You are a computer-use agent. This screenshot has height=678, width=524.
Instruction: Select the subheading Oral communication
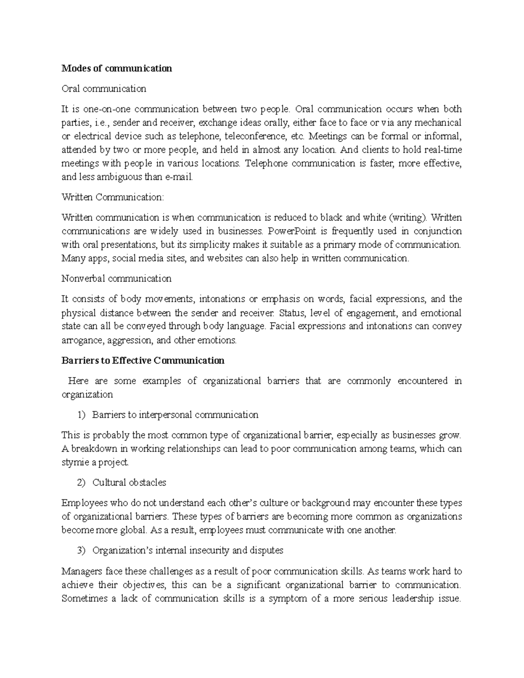(104, 89)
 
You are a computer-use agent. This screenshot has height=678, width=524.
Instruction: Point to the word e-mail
(176, 177)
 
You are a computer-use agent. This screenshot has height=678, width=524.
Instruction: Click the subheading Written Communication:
(113, 197)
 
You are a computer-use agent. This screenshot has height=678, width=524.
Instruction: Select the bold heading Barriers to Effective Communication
(143, 361)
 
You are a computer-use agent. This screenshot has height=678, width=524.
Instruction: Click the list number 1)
(82, 415)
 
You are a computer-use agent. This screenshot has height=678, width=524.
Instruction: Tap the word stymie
(75, 462)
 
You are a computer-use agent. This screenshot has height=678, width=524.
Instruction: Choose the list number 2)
(82, 483)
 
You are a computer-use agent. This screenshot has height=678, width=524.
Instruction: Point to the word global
(133, 530)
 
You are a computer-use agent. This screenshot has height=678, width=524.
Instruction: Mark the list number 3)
(82, 551)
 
